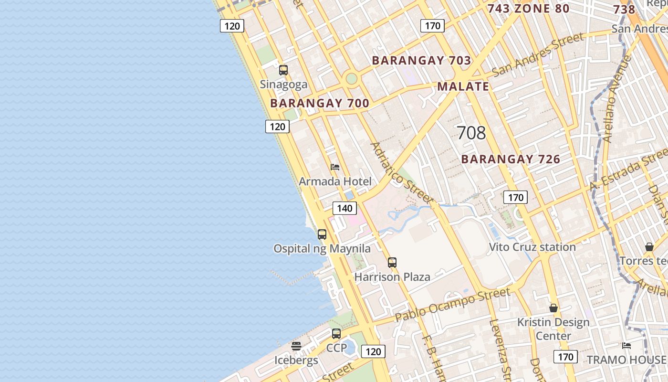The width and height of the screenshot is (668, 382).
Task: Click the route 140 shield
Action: click(344, 208)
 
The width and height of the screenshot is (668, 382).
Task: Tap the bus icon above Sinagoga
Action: click(283, 70)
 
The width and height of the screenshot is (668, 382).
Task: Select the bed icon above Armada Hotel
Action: click(335, 167)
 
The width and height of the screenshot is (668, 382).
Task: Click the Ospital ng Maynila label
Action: click(322, 248)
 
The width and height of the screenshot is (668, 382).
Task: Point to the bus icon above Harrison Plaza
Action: click(392, 262)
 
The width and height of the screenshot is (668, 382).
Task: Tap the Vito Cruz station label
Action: click(532, 247)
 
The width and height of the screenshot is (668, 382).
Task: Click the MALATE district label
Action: click(463, 86)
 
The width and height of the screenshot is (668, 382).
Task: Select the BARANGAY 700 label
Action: click(320, 103)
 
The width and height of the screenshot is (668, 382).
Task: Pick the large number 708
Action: click(471, 133)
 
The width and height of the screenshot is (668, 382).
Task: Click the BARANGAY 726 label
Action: click(511, 159)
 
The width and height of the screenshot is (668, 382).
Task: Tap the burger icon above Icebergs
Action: click(296, 346)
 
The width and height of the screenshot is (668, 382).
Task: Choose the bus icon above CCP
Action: click(336, 334)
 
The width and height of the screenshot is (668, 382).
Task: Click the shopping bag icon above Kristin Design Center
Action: click(553, 308)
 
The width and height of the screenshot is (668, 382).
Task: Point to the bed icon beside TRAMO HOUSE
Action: click(626, 345)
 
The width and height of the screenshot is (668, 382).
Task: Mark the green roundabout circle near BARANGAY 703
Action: click(352, 78)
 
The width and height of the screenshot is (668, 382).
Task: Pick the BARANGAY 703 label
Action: click(421, 61)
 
